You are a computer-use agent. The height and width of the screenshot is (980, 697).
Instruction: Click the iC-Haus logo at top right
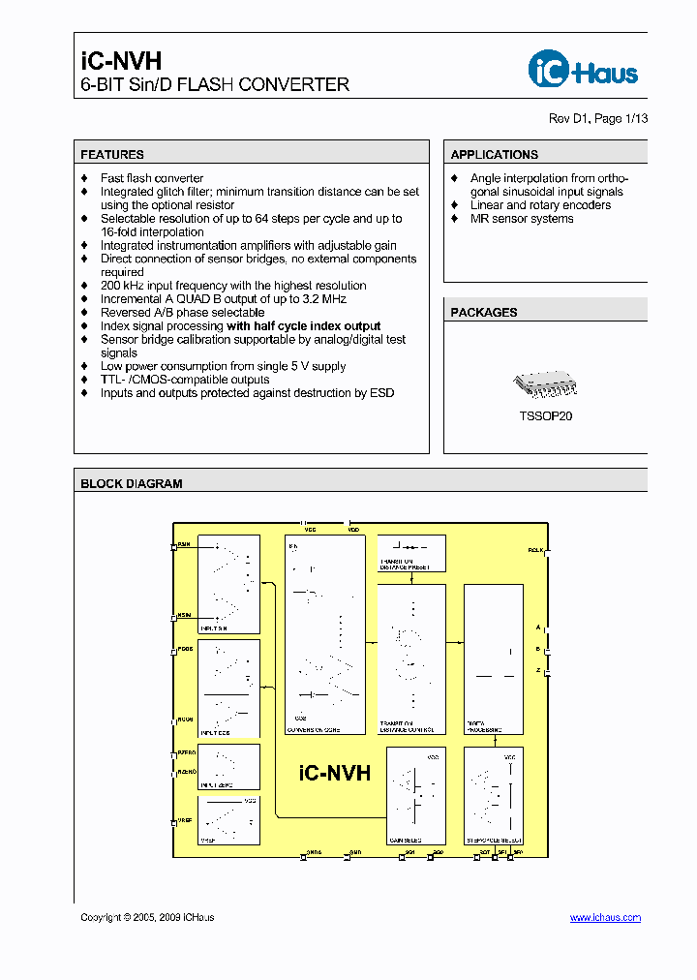(x=583, y=70)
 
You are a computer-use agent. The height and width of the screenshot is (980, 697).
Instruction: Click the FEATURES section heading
(x=112, y=154)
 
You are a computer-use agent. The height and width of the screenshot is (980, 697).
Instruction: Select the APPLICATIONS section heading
(x=494, y=154)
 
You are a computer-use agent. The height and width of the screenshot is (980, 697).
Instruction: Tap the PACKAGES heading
(x=484, y=312)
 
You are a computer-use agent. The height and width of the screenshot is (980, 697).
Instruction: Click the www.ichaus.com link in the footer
(x=605, y=917)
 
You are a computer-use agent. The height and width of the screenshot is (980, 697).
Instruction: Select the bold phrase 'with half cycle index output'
(x=303, y=326)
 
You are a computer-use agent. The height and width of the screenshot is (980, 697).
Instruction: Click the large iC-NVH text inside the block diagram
(x=334, y=773)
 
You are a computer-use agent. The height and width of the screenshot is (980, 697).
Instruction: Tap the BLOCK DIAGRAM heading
(x=131, y=483)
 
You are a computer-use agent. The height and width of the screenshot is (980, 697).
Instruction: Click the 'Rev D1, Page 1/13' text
(x=598, y=118)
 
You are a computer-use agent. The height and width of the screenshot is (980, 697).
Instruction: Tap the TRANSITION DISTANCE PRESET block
(x=410, y=552)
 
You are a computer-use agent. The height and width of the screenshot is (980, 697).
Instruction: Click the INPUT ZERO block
(x=228, y=766)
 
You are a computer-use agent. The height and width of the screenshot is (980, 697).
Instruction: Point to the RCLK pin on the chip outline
(x=547, y=552)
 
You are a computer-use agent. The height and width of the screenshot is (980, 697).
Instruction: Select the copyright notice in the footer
(x=147, y=917)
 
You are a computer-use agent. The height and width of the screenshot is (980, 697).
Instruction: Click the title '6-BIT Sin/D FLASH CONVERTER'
(x=214, y=85)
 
